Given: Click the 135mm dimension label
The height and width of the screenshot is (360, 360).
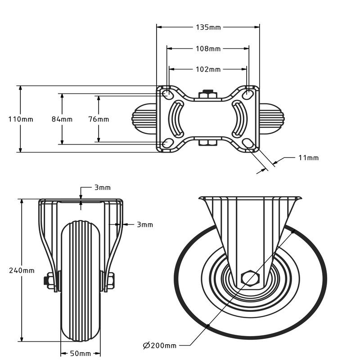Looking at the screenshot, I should [x=208, y=27].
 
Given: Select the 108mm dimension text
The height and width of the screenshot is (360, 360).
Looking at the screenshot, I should [x=208, y=49].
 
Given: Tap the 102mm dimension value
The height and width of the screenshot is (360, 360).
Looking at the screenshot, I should [x=208, y=69].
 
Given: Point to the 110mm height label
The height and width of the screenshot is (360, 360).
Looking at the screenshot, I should [x=21, y=119].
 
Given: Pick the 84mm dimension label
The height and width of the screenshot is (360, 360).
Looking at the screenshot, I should [x=62, y=119].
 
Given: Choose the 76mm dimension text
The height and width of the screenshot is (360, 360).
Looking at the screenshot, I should [x=99, y=119].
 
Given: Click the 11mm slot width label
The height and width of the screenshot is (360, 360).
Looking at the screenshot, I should [x=308, y=157].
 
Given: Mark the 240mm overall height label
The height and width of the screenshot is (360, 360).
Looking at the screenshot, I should [x=22, y=270].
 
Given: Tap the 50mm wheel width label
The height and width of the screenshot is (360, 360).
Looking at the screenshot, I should [x=81, y=354].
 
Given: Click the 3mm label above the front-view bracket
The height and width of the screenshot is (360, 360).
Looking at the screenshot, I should [x=102, y=188].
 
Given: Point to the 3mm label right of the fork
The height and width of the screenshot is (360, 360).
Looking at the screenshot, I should [x=144, y=225].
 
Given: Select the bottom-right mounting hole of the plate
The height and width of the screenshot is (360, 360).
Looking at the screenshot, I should [x=248, y=143].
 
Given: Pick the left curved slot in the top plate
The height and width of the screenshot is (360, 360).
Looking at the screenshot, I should [x=176, y=119].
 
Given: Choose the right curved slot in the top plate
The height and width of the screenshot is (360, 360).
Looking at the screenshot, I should [x=240, y=119].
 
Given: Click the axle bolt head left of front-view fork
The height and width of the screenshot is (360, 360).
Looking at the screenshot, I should [x=48, y=281].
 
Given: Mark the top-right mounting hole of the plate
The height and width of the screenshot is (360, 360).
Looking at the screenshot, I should [x=248, y=94].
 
